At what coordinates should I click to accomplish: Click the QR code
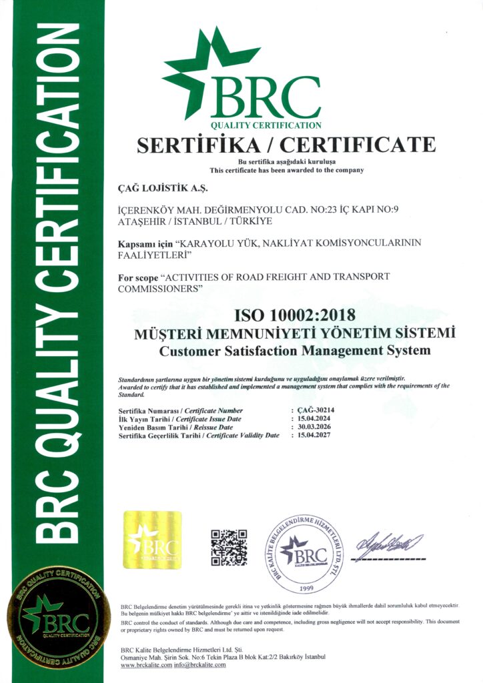coord(229,548)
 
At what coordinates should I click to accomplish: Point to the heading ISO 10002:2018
coord(294,313)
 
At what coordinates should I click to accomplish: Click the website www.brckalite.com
coord(148,665)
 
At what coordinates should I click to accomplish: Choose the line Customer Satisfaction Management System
coord(295,350)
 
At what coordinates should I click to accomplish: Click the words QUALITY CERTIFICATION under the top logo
coord(266,125)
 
